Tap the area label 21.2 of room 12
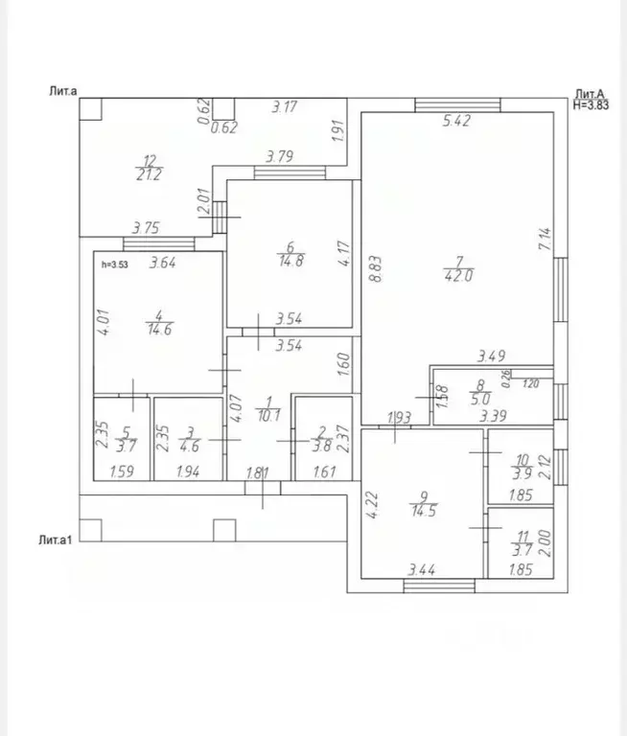point(149,173)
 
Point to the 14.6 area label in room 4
point(156,328)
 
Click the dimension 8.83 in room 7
point(379,264)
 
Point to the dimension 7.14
point(545,240)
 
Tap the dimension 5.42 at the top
point(457,122)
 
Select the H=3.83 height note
point(591,105)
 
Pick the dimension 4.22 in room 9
point(374,504)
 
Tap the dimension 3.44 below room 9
point(422,571)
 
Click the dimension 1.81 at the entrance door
point(258,471)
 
